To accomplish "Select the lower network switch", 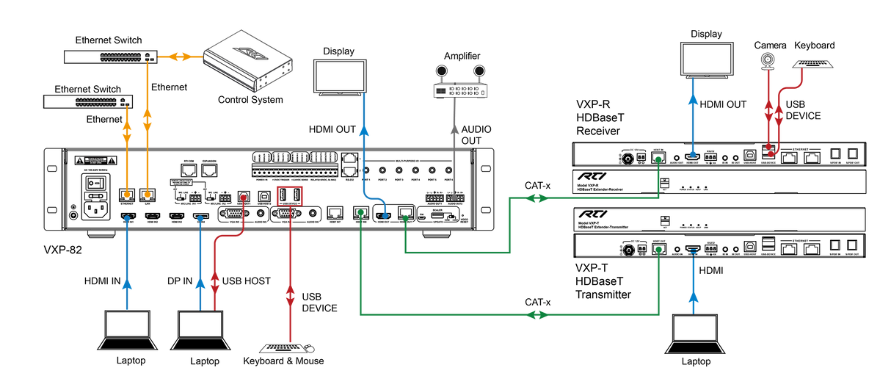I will (88, 102).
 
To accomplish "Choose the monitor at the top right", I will (707, 59).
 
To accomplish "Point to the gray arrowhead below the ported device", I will (454, 131).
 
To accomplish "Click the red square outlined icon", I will (289, 195).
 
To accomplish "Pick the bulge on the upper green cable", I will (537, 198).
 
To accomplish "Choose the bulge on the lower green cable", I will (537, 315).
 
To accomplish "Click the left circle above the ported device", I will (441, 71).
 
